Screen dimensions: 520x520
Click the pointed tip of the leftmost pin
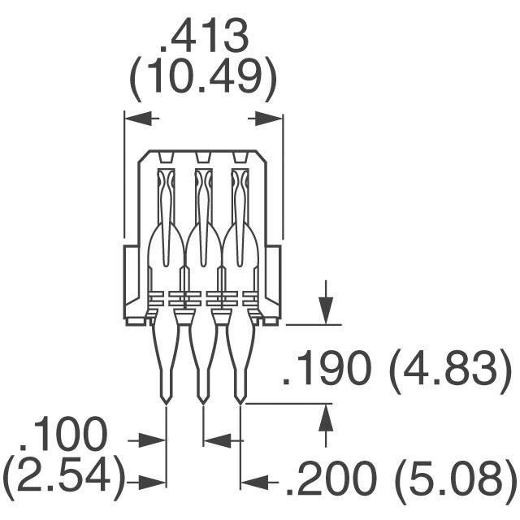[x=166, y=401]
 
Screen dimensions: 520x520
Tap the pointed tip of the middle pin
[x=203, y=401]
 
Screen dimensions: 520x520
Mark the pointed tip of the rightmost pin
[x=240, y=401]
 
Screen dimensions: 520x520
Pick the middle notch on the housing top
[x=203, y=157]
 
